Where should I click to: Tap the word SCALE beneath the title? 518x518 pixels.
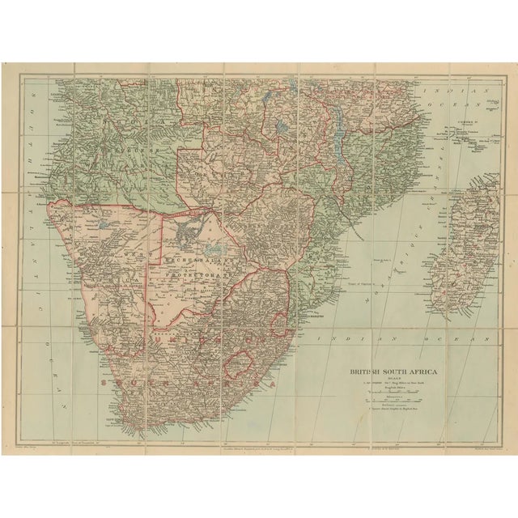click(393, 381)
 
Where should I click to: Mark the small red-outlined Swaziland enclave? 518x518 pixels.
click(280, 324)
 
